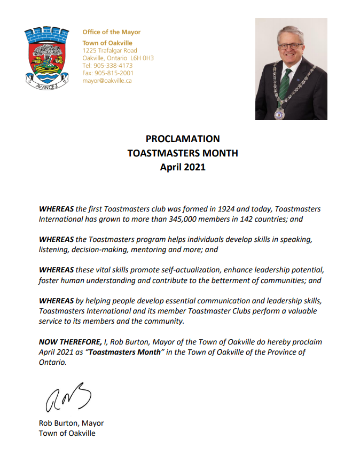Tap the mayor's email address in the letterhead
coord(107,81)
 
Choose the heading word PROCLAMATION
coord(183,139)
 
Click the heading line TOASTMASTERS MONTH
coord(183,153)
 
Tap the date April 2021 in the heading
coord(183,167)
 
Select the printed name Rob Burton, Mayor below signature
coord(71,424)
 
